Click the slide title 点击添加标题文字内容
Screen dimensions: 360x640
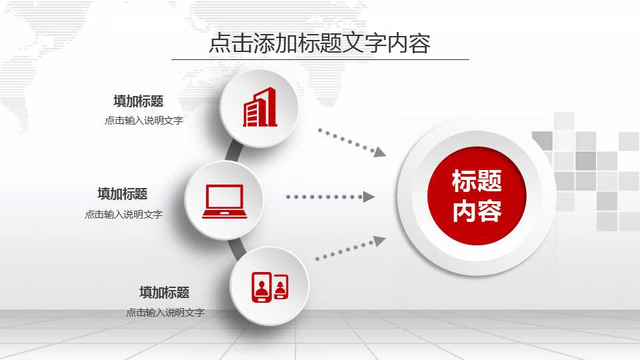(x=319, y=43)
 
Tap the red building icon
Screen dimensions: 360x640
(x=260, y=107)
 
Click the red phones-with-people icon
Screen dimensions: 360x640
(x=269, y=287)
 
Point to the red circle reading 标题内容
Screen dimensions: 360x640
(x=477, y=196)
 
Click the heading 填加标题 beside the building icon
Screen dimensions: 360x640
(x=138, y=101)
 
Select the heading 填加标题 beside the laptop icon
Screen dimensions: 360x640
(x=122, y=194)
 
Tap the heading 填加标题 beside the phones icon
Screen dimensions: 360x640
(x=164, y=292)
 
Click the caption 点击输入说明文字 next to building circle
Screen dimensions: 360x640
(x=143, y=121)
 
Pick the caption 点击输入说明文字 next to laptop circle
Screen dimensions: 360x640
(x=123, y=214)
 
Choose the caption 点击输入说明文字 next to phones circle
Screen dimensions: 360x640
(x=165, y=312)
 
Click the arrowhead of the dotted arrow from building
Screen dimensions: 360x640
(x=380, y=152)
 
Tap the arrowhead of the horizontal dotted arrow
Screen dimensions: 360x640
(x=368, y=197)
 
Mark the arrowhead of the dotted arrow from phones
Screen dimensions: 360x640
(x=379, y=241)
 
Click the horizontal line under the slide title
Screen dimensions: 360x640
(x=320, y=59)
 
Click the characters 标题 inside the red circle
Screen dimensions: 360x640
(x=477, y=181)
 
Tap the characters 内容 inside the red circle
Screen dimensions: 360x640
(x=477, y=211)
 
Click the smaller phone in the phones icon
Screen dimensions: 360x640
(x=281, y=287)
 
